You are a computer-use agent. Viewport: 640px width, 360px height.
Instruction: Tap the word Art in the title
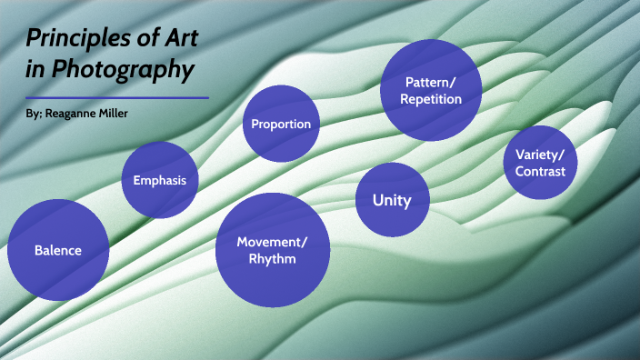(173, 39)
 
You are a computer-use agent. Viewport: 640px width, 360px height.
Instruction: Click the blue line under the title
(117, 97)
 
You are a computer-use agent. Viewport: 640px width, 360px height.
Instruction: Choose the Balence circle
(58, 250)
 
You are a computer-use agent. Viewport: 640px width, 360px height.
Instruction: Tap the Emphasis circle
(160, 180)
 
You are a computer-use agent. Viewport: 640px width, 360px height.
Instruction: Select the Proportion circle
(281, 124)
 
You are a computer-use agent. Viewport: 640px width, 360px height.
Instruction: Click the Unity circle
(392, 200)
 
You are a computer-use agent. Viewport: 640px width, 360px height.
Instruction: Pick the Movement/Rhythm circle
(272, 250)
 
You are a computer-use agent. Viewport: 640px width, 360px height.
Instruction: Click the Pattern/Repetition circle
(432, 91)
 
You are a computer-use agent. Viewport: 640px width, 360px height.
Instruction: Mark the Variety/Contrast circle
(540, 162)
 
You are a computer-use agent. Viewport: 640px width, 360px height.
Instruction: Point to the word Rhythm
(272, 259)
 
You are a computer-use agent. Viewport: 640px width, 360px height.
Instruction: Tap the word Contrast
(540, 171)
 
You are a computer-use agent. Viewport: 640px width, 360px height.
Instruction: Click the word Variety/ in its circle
(540, 153)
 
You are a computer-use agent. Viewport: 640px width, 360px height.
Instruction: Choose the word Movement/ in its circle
(272, 241)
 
